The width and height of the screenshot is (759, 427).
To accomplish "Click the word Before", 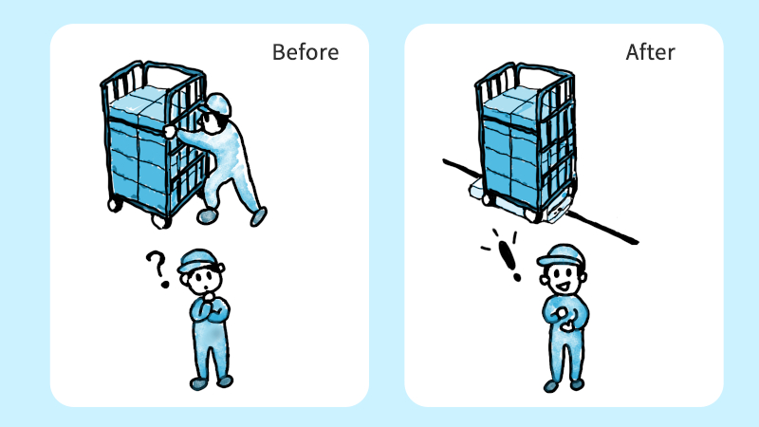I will [x=305, y=52].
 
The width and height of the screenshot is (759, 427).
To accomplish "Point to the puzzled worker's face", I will [x=205, y=281].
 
